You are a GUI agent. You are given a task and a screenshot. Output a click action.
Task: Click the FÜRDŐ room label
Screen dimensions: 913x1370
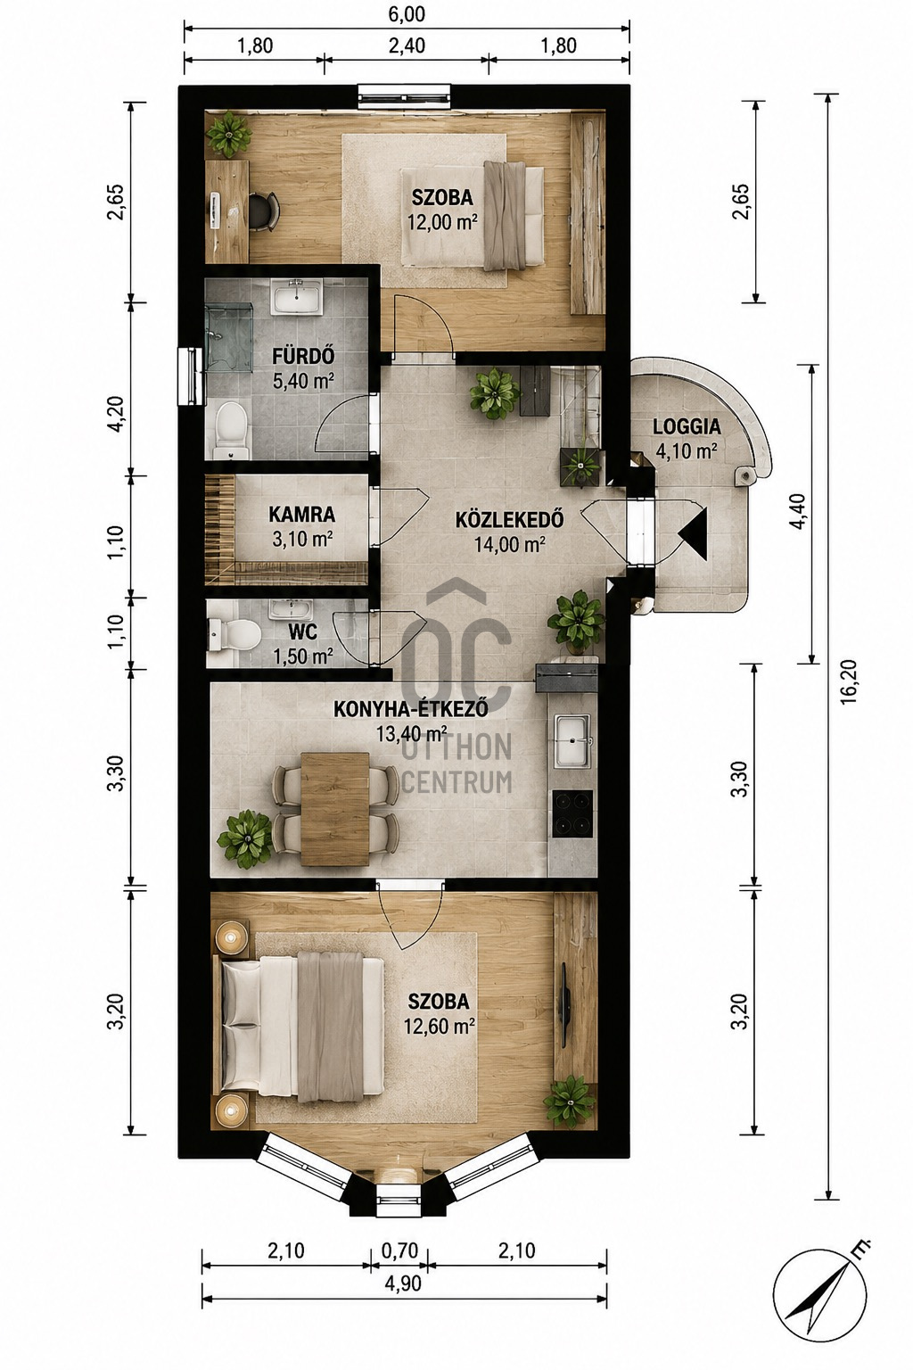[x=303, y=356]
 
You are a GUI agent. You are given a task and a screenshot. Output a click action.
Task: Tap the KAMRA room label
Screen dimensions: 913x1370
[x=302, y=515]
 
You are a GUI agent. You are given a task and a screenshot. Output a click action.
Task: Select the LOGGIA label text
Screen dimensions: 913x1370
[x=687, y=426]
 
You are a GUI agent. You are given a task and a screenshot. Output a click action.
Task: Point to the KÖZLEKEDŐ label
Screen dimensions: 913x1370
[x=509, y=520]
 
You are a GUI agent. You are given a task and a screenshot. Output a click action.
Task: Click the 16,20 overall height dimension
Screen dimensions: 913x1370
[x=849, y=681]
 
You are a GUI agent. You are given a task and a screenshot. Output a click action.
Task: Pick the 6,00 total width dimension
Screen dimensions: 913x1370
[x=407, y=14]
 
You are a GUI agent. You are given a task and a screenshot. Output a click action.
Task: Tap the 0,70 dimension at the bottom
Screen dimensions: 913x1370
[x=400, y=1250]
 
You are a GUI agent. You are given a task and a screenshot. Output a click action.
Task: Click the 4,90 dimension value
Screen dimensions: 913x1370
[x=404, y=1283]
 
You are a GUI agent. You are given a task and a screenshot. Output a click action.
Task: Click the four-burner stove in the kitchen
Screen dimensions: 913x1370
[x=572, y=813]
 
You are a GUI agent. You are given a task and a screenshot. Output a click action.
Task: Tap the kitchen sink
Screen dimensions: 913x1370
[x=572, y=741]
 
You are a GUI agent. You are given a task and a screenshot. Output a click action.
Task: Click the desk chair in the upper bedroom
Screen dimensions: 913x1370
[x=264, y=211]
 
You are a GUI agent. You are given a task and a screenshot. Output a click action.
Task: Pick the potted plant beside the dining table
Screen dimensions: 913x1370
[x=245, y=838]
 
